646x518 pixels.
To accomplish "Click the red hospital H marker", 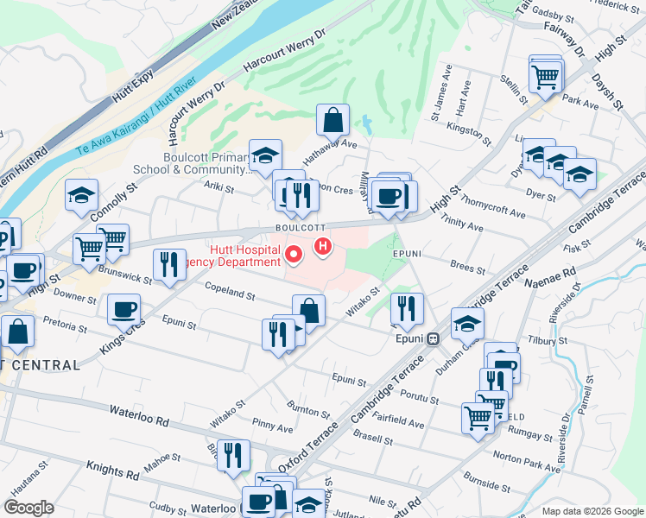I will tap(323, 248).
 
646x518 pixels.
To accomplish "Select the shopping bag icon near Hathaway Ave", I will tap(332, 121).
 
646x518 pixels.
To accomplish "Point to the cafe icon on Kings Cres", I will tap(123, 309).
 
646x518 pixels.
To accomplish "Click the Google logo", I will tap(29, 508).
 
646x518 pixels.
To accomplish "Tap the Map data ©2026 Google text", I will tap(592, 510).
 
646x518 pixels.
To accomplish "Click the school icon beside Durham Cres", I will tap(467, 323).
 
